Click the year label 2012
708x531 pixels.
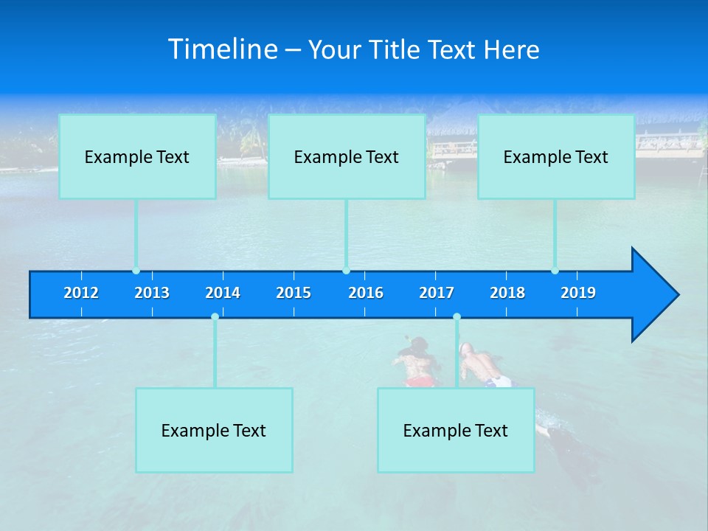point(81,293)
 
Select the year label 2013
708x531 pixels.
point(152,293)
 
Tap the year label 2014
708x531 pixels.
point(223,293)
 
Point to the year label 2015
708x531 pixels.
point(294,293)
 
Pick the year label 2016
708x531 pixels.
point(366,293)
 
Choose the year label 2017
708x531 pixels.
point(437,293)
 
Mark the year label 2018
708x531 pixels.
point(507,293)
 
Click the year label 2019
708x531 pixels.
point(578,293)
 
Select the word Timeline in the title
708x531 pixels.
point(223,49)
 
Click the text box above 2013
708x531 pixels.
point(137,156)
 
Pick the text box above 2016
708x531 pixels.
point(347,156)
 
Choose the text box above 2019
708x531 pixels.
point(556,156)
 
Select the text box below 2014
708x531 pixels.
point(214,430)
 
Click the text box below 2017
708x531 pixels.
point(456,430)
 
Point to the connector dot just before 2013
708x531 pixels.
point(136,271)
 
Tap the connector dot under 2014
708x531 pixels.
point(215,316)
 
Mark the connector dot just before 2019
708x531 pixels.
point(555,271)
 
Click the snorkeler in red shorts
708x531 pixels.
point(416,364)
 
